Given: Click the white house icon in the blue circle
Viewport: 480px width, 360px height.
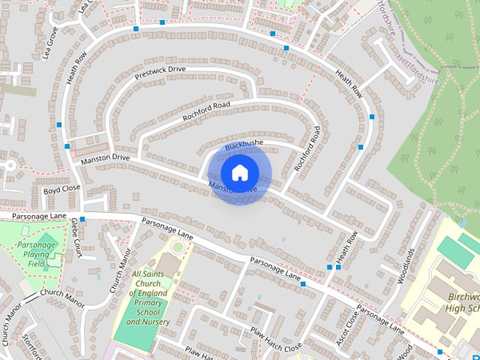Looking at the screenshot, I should click(x=239, y=172).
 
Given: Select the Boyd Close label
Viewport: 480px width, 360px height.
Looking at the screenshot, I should click(x=61, y=190).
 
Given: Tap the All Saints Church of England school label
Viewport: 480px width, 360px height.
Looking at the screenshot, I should click(x=148, y=298).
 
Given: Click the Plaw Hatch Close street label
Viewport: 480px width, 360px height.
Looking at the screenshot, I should click(x=275, y=338).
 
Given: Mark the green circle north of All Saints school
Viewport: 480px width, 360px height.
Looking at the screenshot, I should click(x=177, y=246).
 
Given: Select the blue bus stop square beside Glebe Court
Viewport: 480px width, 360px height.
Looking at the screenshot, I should click(x=82, y=219).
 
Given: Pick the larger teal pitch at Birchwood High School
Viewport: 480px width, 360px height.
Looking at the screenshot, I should click(x=456, y=251).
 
